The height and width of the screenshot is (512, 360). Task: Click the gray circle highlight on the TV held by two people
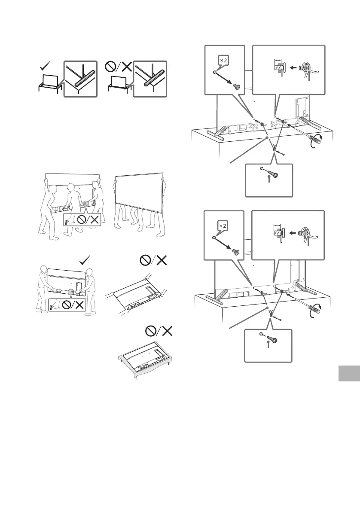(x=71, y=291)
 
